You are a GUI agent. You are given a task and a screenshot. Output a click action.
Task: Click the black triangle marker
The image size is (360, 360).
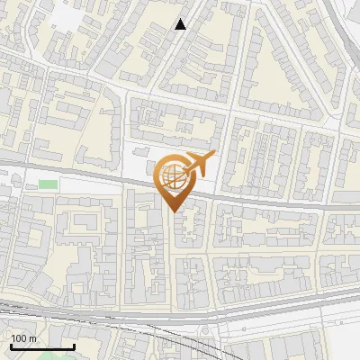point(181,24)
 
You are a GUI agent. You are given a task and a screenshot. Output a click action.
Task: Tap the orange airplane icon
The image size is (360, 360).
point(199,165)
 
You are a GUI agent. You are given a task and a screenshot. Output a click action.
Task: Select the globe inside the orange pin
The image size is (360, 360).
point(172,177)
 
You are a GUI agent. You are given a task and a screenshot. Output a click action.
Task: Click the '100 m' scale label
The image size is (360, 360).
point(23,338)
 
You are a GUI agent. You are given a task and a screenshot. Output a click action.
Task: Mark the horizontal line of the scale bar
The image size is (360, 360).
point(41,347)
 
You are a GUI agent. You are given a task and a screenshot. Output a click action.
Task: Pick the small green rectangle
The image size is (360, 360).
point(48,184)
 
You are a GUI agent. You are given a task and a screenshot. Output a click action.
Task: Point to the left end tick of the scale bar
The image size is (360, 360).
point(11,346)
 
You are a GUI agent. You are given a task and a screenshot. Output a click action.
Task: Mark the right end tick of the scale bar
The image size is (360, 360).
point(73,346)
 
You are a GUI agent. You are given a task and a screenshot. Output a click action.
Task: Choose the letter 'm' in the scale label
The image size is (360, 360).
point(32,338)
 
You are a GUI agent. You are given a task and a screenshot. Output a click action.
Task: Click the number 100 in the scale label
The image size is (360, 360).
point(19,338)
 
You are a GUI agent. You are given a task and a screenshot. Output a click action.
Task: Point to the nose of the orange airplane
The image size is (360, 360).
point(215,157)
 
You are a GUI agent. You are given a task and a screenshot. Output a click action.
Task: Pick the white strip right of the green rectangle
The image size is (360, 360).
point(90,184)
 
